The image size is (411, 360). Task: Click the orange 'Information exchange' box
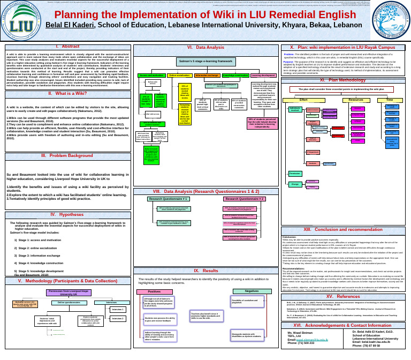(207, 76)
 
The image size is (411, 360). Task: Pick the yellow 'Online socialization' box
(180, 76)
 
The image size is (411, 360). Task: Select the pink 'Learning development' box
(263, 76)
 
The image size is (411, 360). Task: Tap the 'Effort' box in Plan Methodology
(303, 100)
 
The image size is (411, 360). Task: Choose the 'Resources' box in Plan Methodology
(356, 100)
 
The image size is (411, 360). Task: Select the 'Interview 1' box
(117, 309)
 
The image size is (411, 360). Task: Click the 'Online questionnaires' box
(68, 303)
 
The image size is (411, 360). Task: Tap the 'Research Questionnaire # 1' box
(168, 199)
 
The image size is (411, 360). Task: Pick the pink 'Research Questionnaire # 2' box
(243, 199)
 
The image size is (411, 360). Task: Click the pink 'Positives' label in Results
(156, 291)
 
